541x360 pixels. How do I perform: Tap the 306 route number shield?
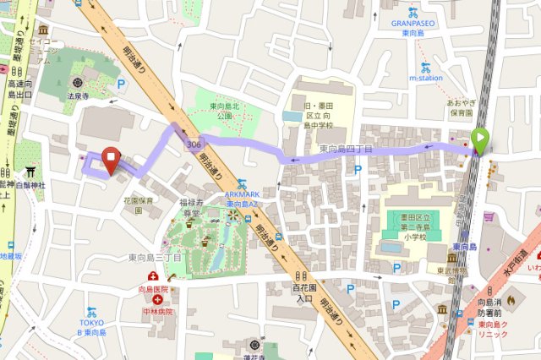click(194, 145)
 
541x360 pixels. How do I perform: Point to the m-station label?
click(426, 78)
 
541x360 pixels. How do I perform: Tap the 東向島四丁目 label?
click(346, 149)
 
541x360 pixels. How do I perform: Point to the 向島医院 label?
click(154, 289)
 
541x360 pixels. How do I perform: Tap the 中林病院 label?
click(157, 311)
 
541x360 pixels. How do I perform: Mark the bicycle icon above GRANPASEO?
click(413, 12)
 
